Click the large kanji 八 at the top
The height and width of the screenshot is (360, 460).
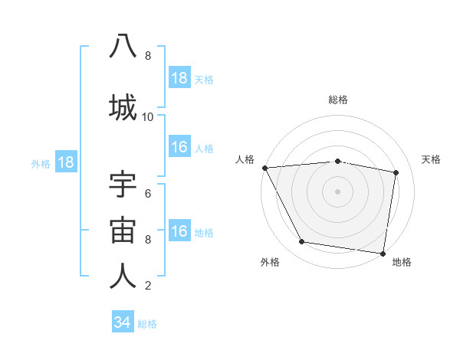tap(123, 47)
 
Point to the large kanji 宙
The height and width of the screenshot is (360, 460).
tap(123, 231)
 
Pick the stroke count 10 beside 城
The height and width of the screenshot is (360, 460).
tap(147, 117)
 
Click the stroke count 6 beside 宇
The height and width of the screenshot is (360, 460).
tap(147, 193)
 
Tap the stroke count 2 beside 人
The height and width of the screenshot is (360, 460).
tap(147, 286)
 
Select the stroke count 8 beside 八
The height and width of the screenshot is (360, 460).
tap(147, 56)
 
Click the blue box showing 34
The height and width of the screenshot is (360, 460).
tap(122, 322)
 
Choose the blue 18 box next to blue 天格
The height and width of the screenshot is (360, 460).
tap(179, 78)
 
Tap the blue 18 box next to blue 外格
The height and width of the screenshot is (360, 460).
tap(65, 162)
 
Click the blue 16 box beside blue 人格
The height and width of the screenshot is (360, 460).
tap(179, 147)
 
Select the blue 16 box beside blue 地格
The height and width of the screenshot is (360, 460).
tap(179, 231)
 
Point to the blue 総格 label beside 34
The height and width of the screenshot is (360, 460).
tap(147, 324)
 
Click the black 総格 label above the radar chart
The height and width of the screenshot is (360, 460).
tap(338, 100)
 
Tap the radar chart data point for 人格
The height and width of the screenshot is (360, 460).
tap(264, 168)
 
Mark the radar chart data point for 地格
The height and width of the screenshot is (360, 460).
tap(383, 253)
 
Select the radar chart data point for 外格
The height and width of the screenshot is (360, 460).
tap(301, 243)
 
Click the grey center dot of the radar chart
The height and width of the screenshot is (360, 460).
tap(337, 191)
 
